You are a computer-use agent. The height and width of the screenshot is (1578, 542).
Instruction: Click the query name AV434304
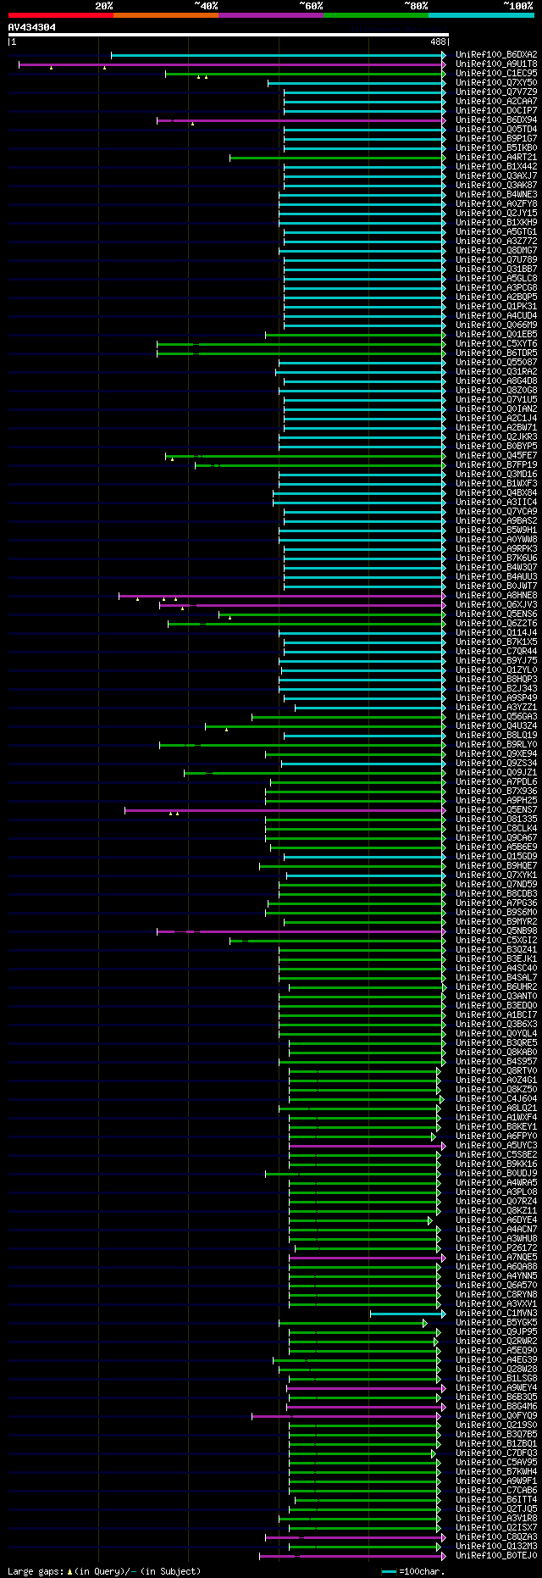click(x=32, y=27)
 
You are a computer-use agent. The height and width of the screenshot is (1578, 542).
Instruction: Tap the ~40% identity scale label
click(x=206, y=5)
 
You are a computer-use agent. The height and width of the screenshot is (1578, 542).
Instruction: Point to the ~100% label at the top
click(x=517, y=5)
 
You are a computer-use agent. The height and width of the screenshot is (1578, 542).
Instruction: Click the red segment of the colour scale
click(x=60, y=15)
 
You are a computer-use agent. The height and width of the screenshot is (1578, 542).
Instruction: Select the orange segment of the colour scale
click(x=165, y=15)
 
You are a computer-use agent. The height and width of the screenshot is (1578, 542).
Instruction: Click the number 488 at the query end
click(x=438, y=41)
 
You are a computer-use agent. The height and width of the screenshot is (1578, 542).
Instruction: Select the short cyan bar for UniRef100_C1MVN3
click(x=406, y=1314)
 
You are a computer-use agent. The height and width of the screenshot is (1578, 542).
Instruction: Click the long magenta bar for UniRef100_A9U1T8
click(x=229, y=64)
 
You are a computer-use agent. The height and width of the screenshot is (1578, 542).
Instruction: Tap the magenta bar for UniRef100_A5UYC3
click(x=364, y=1146)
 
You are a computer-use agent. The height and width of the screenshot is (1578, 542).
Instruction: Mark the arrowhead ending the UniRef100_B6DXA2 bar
click(x=443, y=55)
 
